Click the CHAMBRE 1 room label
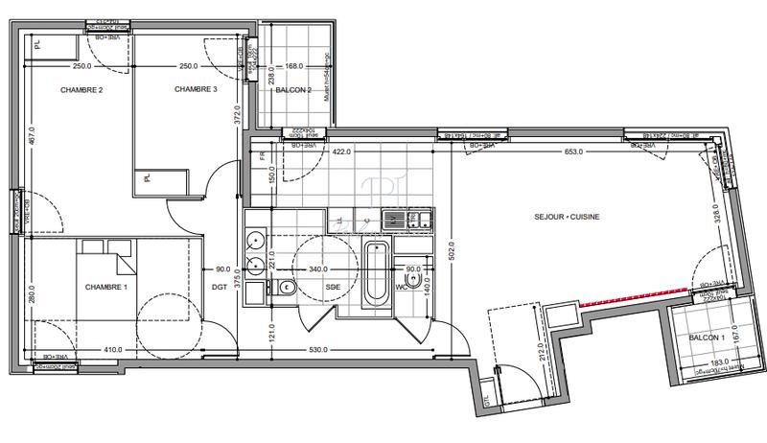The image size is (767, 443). tap(106, 287)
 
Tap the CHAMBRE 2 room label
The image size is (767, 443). tap(81, 90)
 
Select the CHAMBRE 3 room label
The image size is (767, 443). tap(196, 89)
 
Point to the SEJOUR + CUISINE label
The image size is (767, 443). tap(567, 217)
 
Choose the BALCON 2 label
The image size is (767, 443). tap(294, 90)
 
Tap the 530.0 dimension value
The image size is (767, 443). tap(315, 349)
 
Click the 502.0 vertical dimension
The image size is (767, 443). tap(453, 253)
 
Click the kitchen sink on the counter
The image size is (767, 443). tap(394, 221)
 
